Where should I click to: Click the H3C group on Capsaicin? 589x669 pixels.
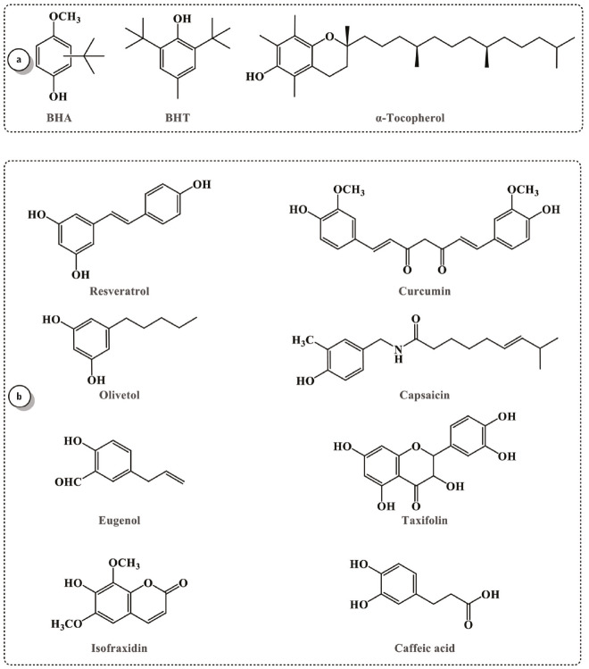click(311, 339)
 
